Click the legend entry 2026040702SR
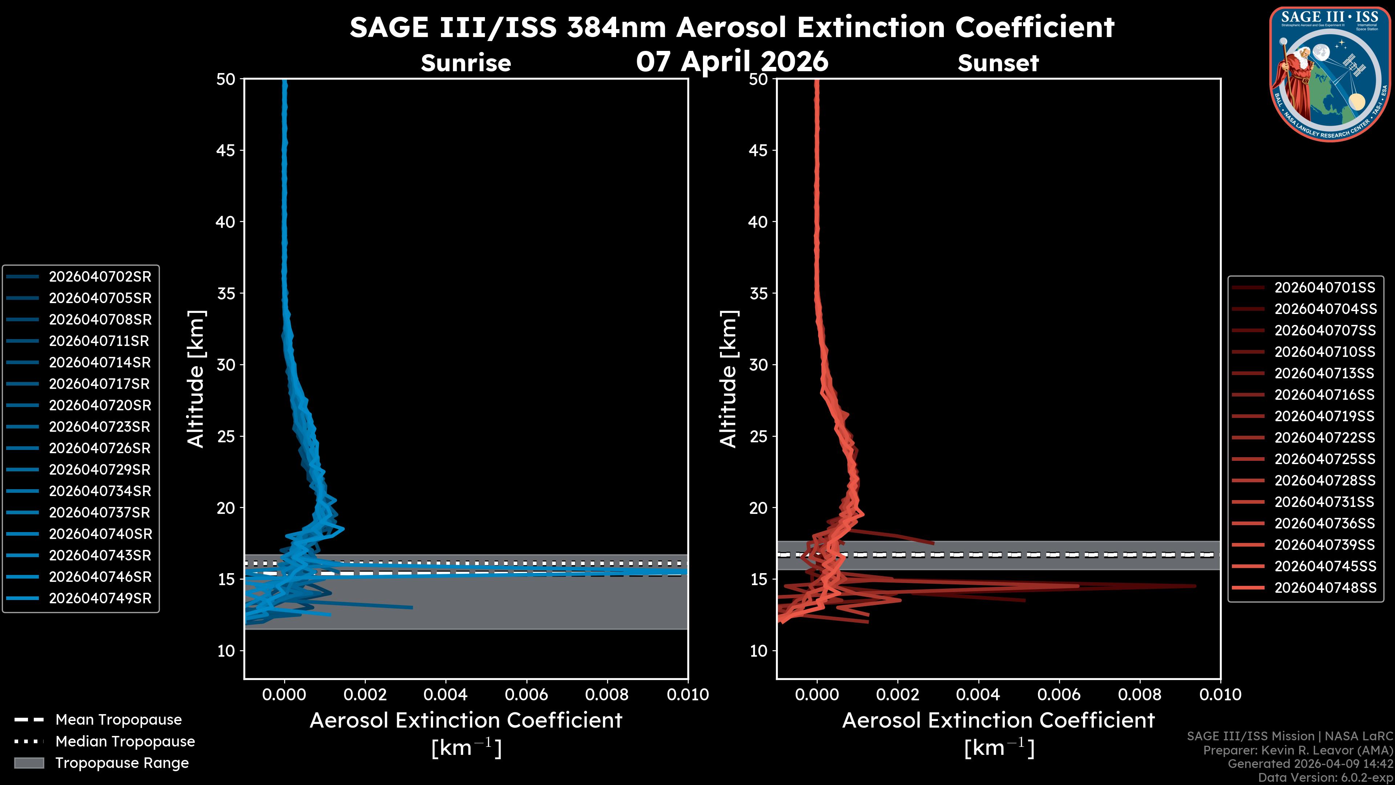point(100,277)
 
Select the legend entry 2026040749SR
point(100,599)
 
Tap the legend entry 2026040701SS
point(1325,288)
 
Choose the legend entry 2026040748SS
point(1325,588)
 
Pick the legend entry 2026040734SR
point(100,491)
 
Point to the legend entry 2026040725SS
point(1325,459)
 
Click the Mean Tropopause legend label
point(118,720)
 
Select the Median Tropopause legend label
point(125,742)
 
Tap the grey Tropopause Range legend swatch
point(29,763)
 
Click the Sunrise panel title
point(466,63)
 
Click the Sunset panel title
point(998,63)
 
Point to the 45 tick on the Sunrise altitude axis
point(226,150)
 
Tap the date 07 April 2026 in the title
point(732,61)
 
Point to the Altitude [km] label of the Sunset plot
point(728,379)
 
